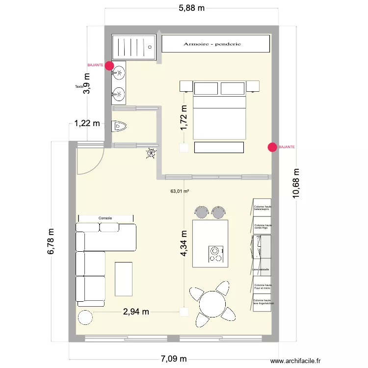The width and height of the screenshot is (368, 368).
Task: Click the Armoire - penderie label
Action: pyautogui.click(x=212, y=44)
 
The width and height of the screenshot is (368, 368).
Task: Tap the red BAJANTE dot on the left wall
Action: pyautogui.click(x=109, y=65)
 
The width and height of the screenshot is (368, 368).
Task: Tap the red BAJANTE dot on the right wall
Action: pyautogui.click(x=272, y=147)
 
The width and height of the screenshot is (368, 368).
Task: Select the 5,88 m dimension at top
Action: pyautogui.click(x=191, y=7)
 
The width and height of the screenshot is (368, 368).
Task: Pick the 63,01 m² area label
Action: pyautogui.click(x=180, y=191)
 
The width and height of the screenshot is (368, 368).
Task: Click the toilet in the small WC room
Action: pyautogui.click(x=119, y=127)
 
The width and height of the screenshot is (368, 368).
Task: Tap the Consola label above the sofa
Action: pyautogui.click(x=105, y=218)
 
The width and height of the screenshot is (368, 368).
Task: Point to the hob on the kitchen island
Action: pyautogui.click(x=215, y=253)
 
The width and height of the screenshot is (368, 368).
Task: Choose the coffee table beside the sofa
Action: pyautogui.click(x=124, y=279)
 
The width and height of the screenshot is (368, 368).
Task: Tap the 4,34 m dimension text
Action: pyautogui.click(x=184, y=244)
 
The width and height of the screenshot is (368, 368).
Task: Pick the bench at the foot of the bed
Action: pyautogui.click(x=219, y=147)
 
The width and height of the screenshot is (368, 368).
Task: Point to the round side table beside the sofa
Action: pyautogui.click(x=85, y=317)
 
